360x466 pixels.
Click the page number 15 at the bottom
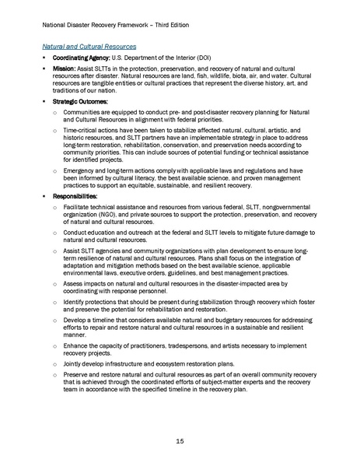180,441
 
